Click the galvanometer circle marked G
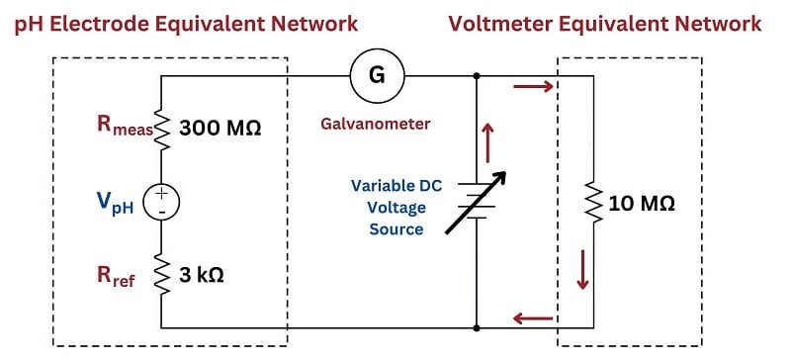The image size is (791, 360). (377, 76)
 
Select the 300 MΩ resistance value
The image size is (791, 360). (220, 129)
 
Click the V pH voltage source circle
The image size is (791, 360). (161, 202)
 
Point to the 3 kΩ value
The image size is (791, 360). (202, 276)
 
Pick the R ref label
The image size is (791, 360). (116, 276)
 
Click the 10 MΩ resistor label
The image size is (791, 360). (642, 204)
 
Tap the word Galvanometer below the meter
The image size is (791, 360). (376, 124)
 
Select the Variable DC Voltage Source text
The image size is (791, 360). (396, 207)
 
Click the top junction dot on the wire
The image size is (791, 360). (477, 76)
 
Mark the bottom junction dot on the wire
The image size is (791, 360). (477, 328)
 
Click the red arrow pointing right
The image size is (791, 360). (533, 87)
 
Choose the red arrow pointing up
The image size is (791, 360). (487, 142)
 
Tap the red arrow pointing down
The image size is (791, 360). (582, 270)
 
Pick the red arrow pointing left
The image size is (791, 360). (533, 318)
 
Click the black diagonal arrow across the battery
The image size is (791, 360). (476, 203)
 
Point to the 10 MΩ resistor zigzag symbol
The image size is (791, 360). (594, 203)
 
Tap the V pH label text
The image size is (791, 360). (116, 204)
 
